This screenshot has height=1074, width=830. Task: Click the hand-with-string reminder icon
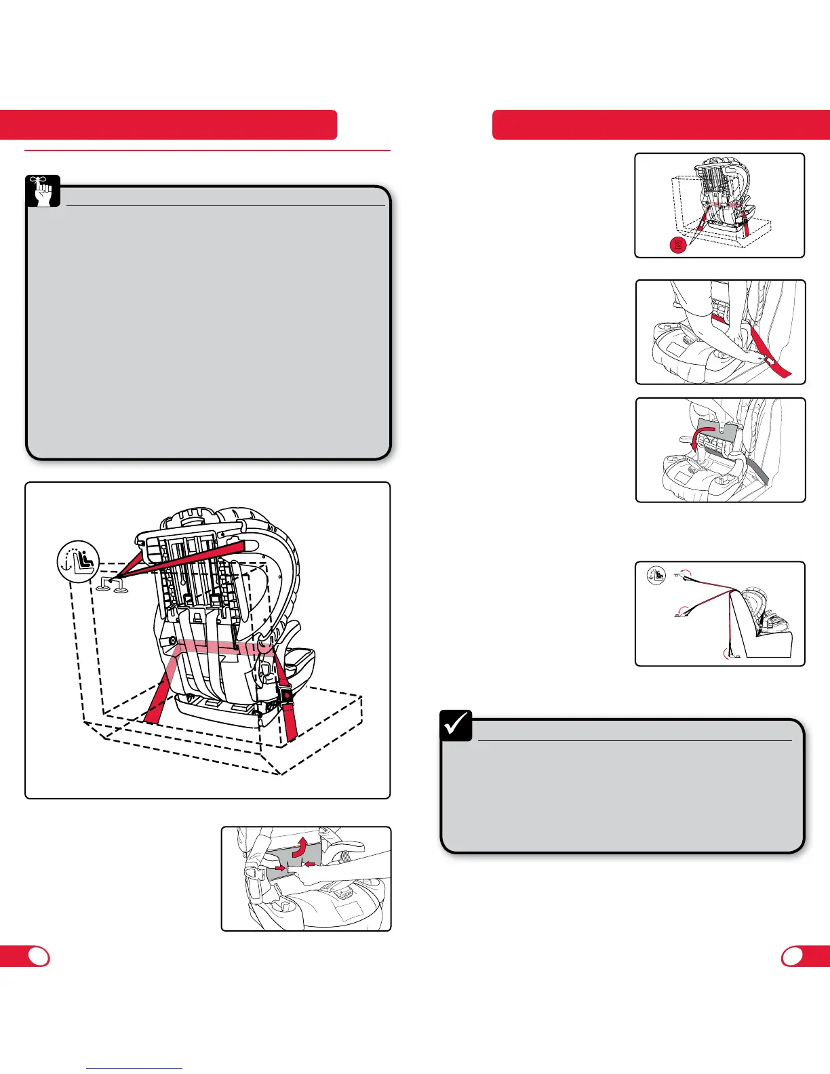click(43, 191)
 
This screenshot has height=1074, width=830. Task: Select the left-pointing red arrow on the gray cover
click(309, 863)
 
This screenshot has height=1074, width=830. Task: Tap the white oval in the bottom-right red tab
click(792, 956)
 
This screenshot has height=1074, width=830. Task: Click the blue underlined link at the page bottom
click(135, 1068)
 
